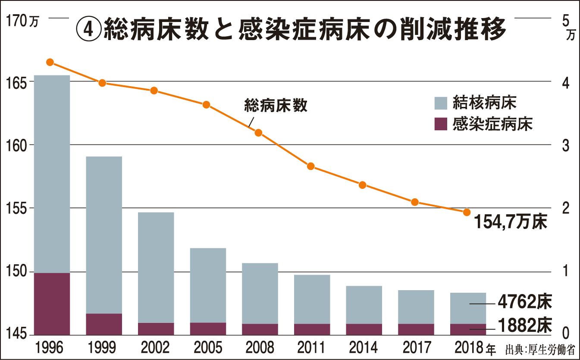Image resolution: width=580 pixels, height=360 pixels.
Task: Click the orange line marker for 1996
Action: point(50,62)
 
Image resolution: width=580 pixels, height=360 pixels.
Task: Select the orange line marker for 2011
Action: point(310,166)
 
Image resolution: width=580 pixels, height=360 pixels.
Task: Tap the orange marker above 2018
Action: point(466,212)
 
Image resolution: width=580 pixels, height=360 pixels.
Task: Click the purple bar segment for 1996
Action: point(52,304)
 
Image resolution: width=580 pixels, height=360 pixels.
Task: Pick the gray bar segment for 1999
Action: point(104,235)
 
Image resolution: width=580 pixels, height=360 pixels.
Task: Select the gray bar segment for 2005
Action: point(208,285)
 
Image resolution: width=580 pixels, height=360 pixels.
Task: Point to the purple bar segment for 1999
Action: point(104,324)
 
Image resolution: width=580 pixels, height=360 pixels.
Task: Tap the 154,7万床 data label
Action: point(511,222)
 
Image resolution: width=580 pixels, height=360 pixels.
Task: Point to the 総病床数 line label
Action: point(276,106)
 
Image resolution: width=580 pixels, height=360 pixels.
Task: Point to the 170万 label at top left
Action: point(20,20)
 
